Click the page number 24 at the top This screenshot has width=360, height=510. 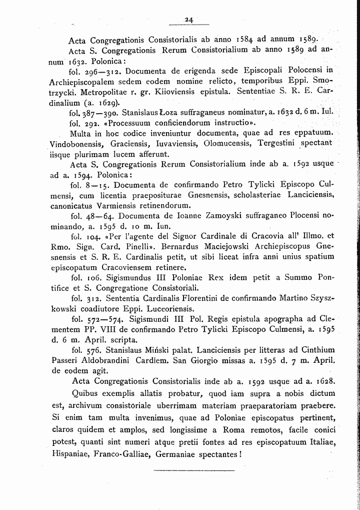click(x=188, y=20)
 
